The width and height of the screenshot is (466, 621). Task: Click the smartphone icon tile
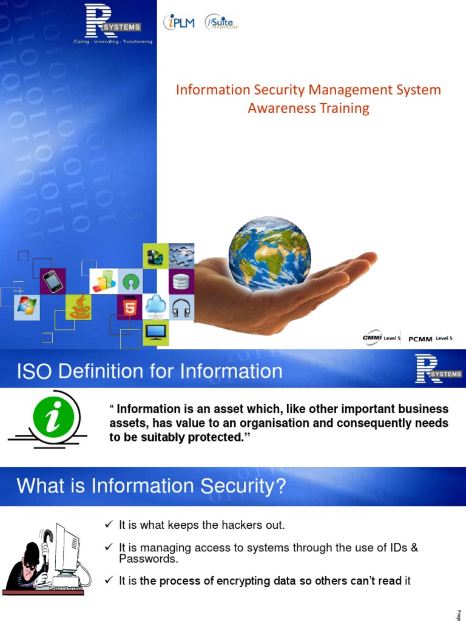[53, 281]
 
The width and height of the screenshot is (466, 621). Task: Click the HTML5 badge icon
[130, 307]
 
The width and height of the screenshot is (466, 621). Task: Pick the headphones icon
[181, 307]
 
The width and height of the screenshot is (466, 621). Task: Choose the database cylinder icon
[181, 281]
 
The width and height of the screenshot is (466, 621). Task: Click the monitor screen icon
[155, 332]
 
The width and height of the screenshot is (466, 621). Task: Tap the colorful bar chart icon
[103, 281]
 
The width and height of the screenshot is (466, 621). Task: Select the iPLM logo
[179, 23]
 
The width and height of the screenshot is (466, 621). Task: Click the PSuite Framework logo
[221, 23]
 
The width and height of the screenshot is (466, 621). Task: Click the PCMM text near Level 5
[420, 339]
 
